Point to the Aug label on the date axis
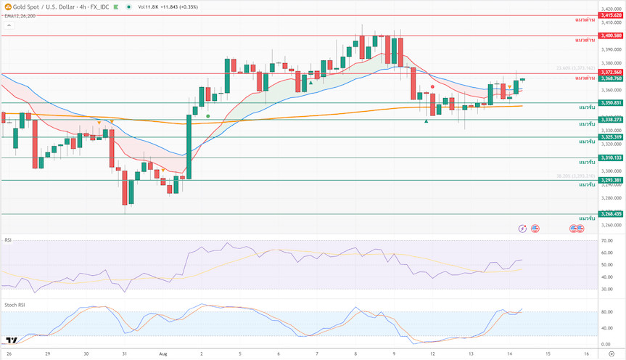pyautogui.click(x=162, y=353)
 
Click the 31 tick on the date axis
pyautogui.click(x=124, y=353)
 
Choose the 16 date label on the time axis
pyautogui.click(x=585, y=353)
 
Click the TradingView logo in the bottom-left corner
pyautogui.click(x=11, y=340)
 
